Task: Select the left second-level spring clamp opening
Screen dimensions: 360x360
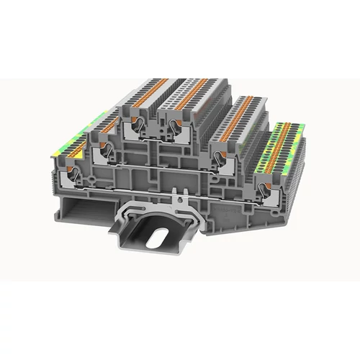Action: tap(104, 150)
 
